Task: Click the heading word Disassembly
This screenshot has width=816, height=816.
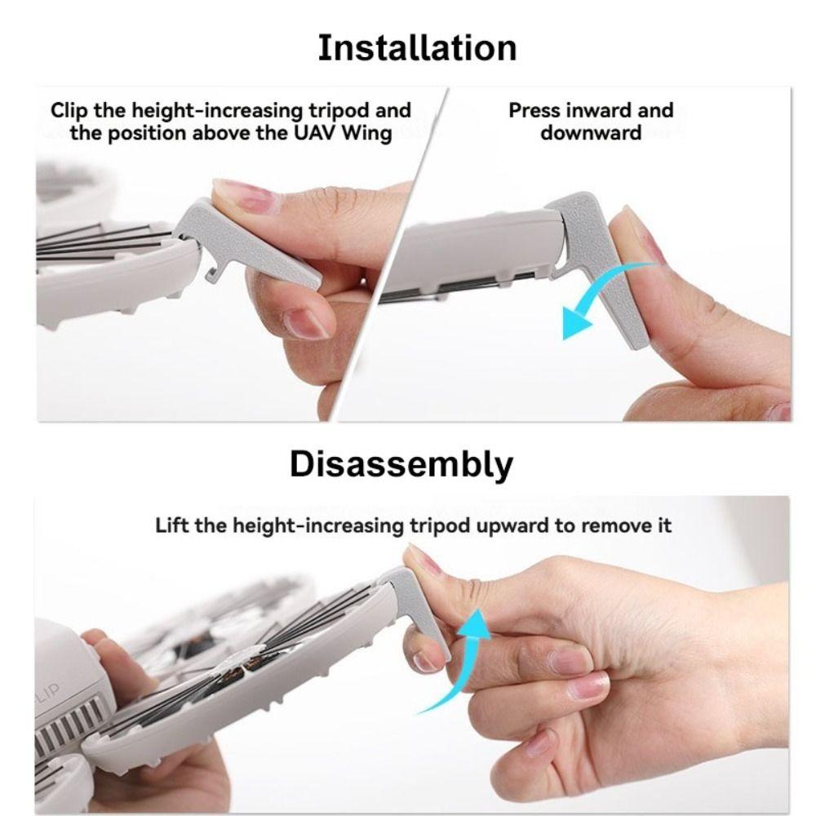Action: pyautogui.click(x=401, y=464)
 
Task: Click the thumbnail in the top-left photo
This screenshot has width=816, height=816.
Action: pyautogui.click(x=244, y=196)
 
